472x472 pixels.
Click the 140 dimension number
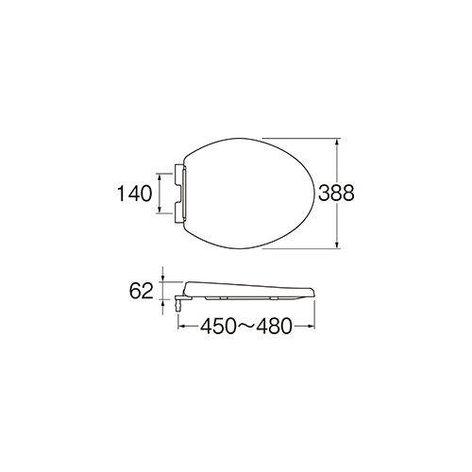pyautogui.click(x=135, y=195)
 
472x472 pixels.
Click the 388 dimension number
pyautogui.click(x=336, y=194)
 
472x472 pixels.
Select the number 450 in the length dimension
pyautogui.click(x=216, y=327)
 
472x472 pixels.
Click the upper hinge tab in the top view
pyautogui.click(x=178, y=170)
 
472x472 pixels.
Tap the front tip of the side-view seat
pyautogui.click(x=311, y=289)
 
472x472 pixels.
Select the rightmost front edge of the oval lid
pyautogui.click(x=318, y=194)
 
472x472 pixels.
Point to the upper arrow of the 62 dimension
pyautogui.click(x=164, y=278)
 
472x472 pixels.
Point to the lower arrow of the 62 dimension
pyautogui.click(x=164, y=304)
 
